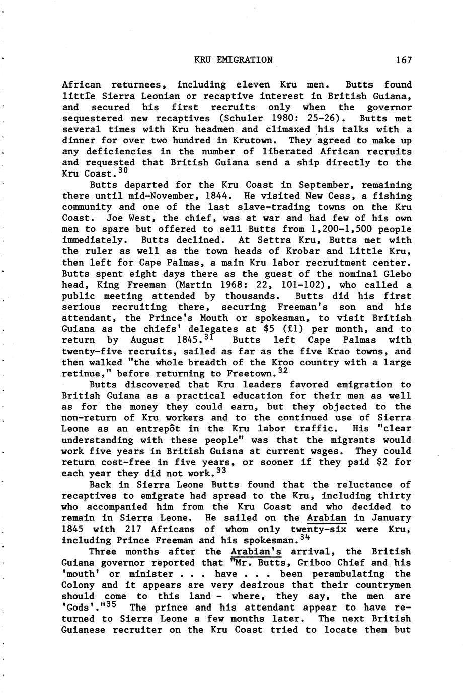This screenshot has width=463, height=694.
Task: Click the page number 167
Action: pos(404,60)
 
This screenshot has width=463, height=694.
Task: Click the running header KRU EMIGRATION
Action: pos(234,60)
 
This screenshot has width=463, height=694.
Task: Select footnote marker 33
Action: pos(221,471)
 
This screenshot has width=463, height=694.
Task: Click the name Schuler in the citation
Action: pos(256,118)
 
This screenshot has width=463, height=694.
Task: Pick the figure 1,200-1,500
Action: pos(338,229)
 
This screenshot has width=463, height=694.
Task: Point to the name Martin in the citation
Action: pos(200,285)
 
